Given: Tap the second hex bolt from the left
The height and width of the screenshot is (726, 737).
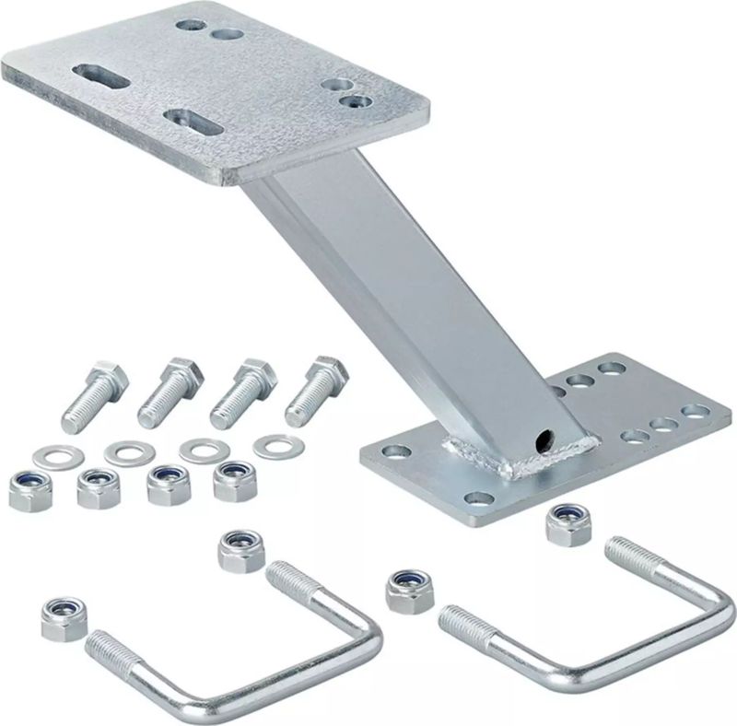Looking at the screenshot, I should pos(164,392).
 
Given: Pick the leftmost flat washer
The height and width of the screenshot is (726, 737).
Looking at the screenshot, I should pos(48,456).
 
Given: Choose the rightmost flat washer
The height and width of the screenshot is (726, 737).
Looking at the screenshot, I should pos(273,448).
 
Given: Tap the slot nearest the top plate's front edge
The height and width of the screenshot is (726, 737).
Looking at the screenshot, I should pos(192,120).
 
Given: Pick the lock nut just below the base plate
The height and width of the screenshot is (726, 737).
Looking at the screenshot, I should pos(563,524).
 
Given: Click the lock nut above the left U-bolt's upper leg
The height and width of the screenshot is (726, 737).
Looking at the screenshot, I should pos(239,550).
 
